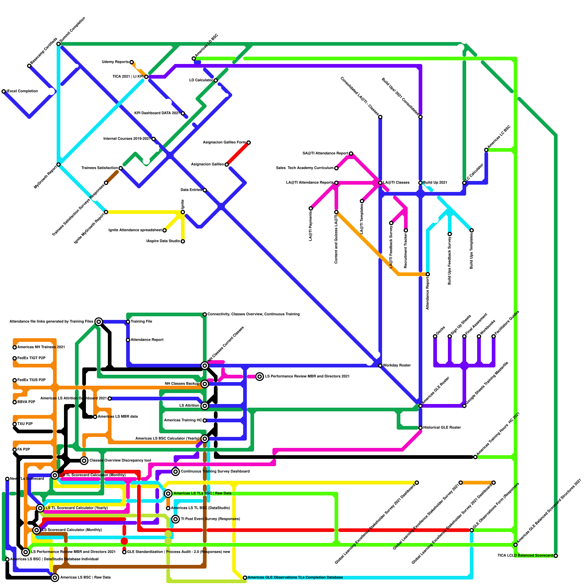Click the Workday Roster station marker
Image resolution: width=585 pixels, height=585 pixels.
point(380,366)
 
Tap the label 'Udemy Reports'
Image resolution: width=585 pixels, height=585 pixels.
point(115,62)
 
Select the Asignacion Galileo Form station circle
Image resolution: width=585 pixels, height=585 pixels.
point(249,143)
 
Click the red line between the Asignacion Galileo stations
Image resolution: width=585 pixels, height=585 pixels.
point(238,154)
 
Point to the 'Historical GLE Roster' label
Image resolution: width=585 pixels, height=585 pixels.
point(442,428)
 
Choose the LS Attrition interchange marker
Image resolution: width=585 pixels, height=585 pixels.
point(205,406)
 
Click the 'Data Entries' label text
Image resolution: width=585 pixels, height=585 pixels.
point(191,190)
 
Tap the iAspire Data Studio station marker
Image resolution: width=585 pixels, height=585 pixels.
point(183,241)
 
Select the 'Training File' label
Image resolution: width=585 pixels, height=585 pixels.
point(141,322)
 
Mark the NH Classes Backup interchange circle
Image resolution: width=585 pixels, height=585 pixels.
point(205,384)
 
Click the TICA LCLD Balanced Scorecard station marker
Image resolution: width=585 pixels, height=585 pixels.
point(556,556)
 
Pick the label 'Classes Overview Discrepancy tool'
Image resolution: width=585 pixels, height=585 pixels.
point(120,461)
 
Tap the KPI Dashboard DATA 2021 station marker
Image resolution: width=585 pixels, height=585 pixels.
point(183,113)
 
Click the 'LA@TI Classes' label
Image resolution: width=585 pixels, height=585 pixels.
point(396,183)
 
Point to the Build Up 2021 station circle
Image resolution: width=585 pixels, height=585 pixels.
point(420,183)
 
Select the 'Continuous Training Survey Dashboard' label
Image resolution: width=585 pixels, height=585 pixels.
point(215,472)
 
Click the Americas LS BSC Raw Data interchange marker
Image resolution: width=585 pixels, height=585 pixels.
point(55,578)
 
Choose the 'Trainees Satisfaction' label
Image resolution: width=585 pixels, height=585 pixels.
point(99,168)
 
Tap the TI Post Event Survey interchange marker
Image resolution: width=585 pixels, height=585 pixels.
point(175,519)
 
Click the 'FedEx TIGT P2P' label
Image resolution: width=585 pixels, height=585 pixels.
point(31,358)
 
